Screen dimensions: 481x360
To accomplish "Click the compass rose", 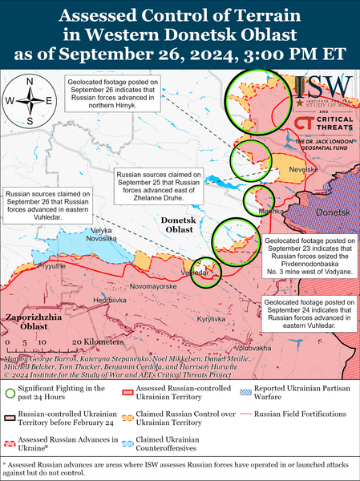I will click(x=30, y=102).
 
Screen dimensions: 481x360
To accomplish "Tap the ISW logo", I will click(x=324, y=89).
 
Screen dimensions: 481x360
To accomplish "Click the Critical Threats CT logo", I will click(x=304, y=124).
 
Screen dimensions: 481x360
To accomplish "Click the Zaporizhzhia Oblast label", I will click(x=29, y=321).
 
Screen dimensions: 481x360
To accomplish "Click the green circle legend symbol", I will click(x=10, y=392).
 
